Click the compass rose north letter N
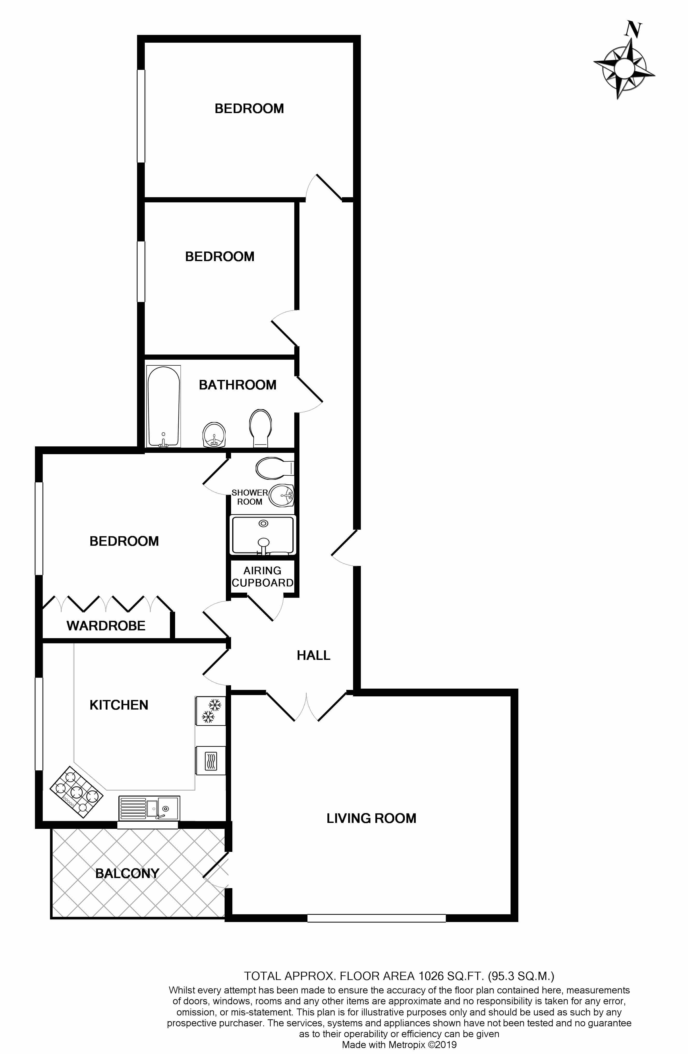pos(633,30)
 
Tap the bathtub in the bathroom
pos(163,406)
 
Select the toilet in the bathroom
pos(260,428)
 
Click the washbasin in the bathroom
pos(214,435)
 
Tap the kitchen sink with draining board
pos(149,808)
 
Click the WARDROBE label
pos(106,626)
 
